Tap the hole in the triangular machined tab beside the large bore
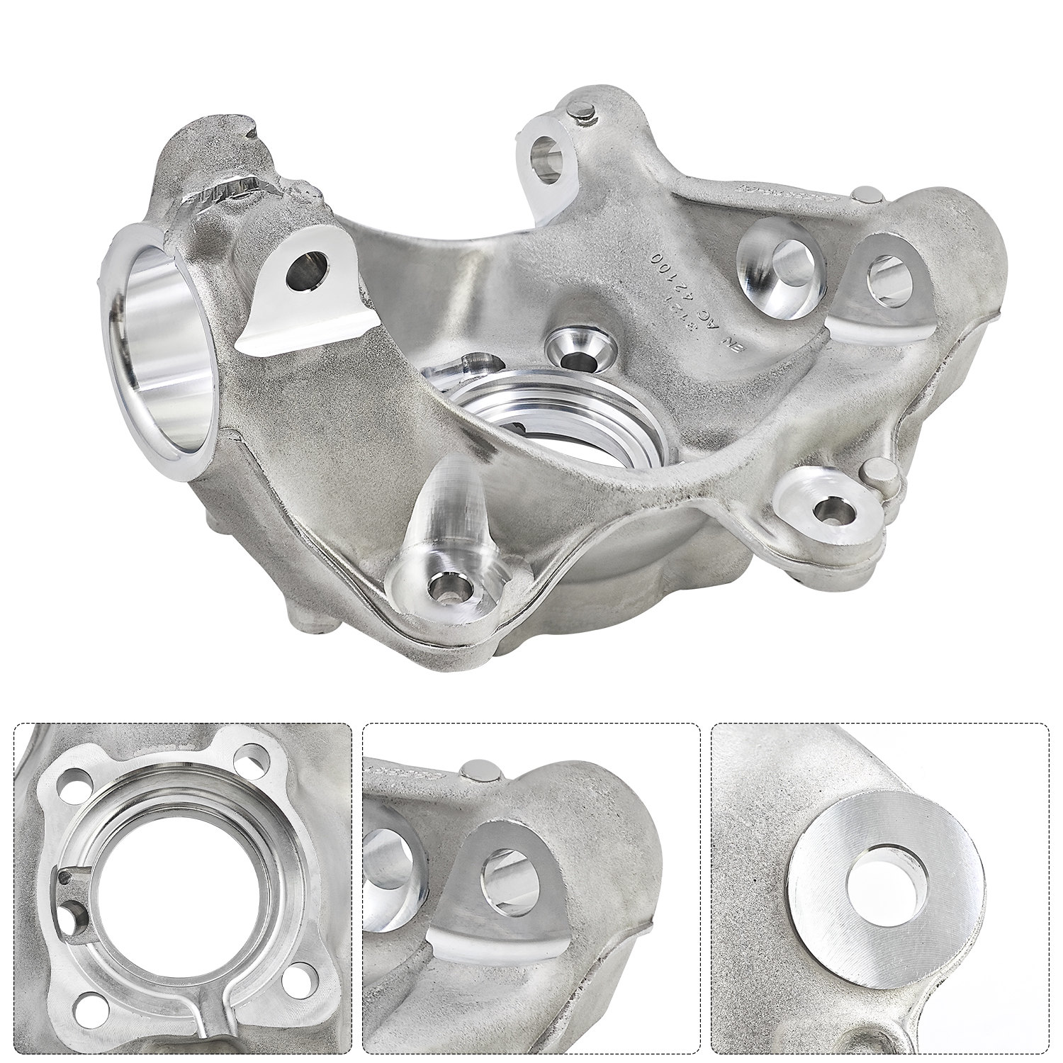point(307,271)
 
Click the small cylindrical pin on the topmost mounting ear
point(581,110)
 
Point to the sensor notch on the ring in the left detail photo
point(67,877)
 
